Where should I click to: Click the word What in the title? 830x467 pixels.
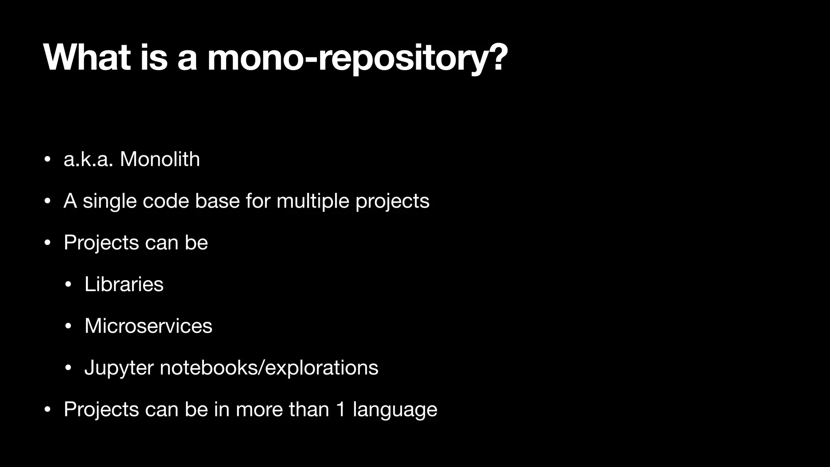pos(87,58)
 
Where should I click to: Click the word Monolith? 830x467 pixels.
pos(160,159)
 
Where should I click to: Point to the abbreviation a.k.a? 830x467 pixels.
pos(88,159)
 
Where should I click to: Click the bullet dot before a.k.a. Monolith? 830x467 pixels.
pos(47,159)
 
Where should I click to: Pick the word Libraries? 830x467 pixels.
pos(124,284)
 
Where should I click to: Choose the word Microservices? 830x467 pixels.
pos(148,326)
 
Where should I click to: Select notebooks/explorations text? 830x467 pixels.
pos(269,368)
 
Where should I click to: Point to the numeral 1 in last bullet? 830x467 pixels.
pos(341,409)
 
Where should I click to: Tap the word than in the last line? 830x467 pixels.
pos(309,409)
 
